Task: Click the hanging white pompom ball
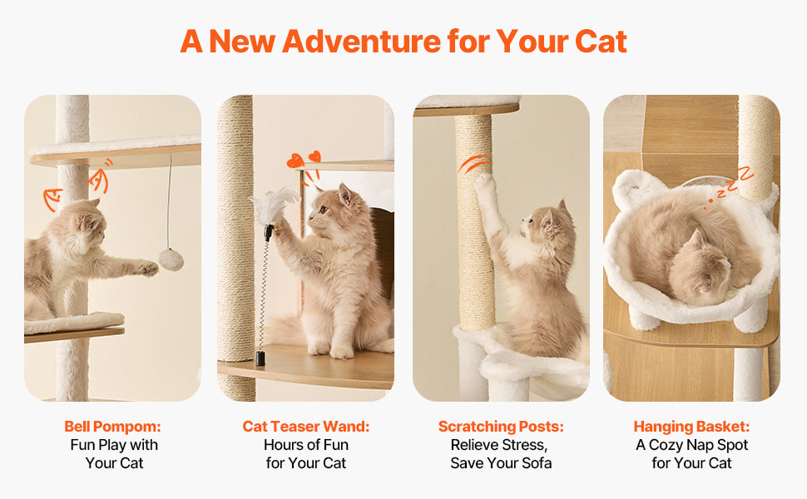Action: [x=171, y=259]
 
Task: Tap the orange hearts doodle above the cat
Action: [x=304, y=161]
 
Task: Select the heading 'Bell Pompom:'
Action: [x=113, y=427]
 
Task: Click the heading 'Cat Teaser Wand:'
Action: [x=306, y=427]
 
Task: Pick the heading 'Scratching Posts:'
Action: [x=501, y=427]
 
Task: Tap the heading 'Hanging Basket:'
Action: [x=691, y=427]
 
